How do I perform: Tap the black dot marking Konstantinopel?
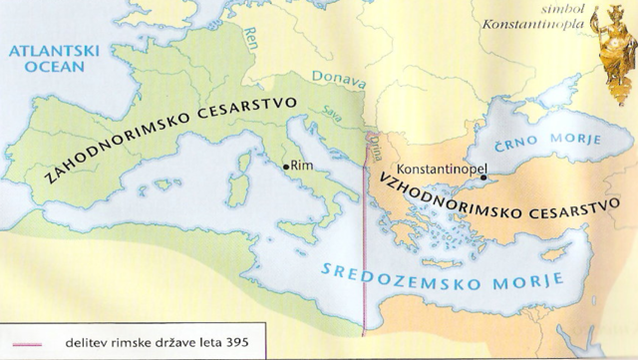pos(482,180)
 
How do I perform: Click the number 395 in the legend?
pos(234,345)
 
